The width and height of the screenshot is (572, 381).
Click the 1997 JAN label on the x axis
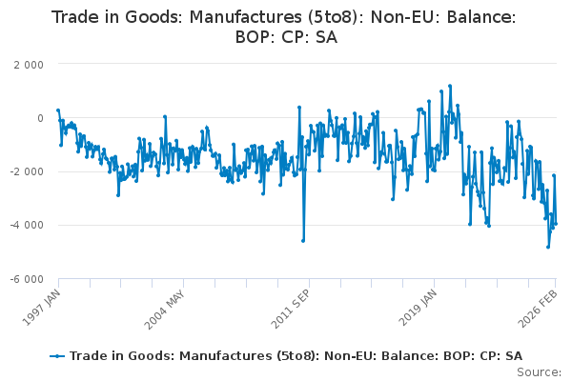45,304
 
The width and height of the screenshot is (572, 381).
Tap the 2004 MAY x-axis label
168,304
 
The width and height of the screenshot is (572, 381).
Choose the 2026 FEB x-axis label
541,304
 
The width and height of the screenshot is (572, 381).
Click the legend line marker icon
58,355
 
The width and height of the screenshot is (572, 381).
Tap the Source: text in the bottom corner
541,372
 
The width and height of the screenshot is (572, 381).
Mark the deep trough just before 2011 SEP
303,241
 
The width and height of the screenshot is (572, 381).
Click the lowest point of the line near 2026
548,247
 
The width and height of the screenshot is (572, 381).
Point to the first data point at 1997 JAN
58,110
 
